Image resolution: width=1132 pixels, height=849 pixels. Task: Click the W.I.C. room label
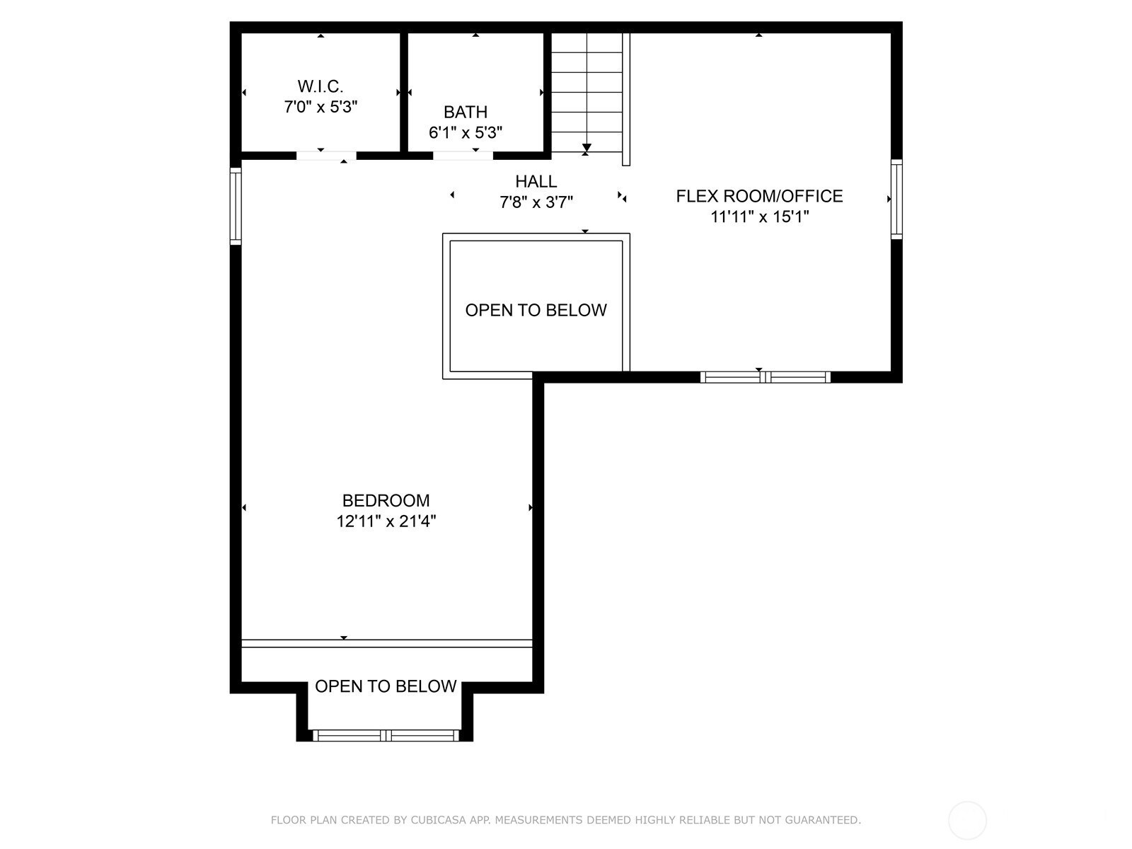click(320, 86)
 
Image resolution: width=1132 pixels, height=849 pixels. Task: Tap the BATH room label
click(465, 112)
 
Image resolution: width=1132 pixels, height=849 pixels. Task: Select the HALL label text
click(536, 181)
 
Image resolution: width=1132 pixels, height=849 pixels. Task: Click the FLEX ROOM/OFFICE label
click(759, 196)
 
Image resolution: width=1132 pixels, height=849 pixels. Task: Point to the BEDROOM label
click(386, 500)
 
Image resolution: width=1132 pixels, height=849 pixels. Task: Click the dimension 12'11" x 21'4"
click(386, 521)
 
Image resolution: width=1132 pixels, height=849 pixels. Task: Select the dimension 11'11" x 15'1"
click(759, 216)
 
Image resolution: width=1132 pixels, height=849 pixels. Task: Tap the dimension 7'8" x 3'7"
click(536, 202)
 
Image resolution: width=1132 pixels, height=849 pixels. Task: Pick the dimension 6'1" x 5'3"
click(465, 132)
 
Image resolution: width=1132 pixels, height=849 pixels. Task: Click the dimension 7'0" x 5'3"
click(320, 107)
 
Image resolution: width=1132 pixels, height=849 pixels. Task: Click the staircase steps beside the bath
click(587, 93)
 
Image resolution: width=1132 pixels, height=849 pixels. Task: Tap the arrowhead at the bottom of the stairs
click(587, 147)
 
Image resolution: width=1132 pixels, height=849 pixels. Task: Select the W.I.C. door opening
click(326, 156)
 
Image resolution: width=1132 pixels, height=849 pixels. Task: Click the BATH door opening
click(463, 156)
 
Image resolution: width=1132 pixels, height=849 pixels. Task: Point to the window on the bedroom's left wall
click(236, 206)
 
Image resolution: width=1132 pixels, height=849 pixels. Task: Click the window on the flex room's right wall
click(897, 200)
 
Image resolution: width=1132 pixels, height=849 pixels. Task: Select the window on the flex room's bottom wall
click(766, 377)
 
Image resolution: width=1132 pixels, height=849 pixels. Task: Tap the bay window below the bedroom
click(386, 736)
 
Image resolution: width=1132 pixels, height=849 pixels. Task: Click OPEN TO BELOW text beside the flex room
click(536, 311)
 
